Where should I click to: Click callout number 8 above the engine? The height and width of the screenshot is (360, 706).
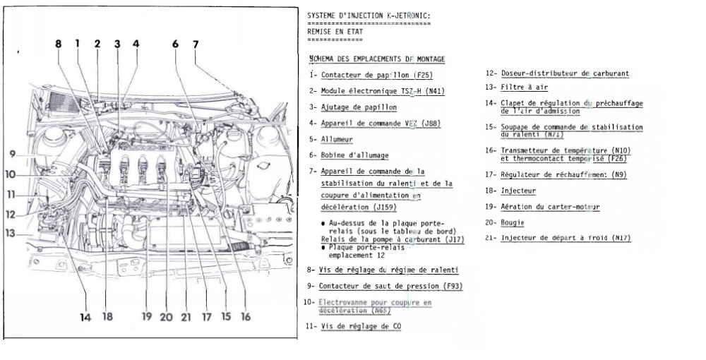[59, 44]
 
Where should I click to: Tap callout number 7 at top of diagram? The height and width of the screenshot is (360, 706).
[196, 44]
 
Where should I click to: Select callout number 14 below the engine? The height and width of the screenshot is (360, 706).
[85, 317]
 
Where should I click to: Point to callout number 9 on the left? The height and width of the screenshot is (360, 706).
[13, 154]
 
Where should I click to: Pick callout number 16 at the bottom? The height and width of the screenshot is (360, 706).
[245, 317]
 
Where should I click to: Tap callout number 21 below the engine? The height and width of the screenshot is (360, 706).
[186, 317]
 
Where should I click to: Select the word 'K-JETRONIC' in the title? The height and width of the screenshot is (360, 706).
[402, 15]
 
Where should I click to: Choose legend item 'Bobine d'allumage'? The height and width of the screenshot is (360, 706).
[354, 155]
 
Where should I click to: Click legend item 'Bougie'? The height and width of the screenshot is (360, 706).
[517, 223]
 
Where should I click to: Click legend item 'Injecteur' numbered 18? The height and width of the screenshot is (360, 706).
[519, 191]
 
